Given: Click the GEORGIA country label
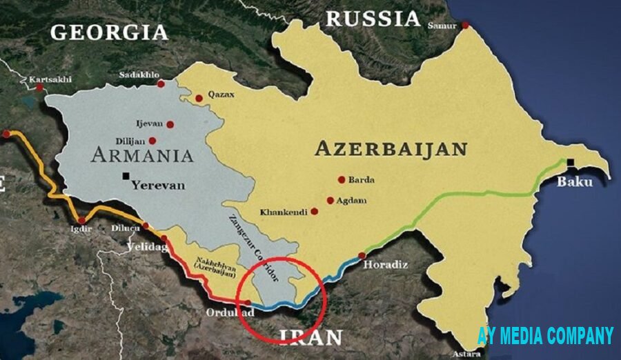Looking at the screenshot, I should click(x=109, y=32).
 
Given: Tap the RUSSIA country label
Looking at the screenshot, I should click(x=373, y=19).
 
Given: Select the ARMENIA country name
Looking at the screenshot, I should click(x=142, y=154).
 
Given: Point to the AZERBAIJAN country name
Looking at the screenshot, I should click(x=391, y=148).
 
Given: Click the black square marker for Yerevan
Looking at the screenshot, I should click(x=126, y=176).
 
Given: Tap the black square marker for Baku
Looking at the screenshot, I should click(x=571, y=163).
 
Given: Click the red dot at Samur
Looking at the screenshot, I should click(x=466, y=25).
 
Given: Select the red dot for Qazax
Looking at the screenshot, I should click(x=199, y=99).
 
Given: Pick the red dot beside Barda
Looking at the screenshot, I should click(x=341, y=179).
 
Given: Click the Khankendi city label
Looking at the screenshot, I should click(x=283, y=212).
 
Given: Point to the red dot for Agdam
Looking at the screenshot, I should click(x=331, y=201).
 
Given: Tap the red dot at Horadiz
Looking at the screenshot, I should click(x=362, y=255).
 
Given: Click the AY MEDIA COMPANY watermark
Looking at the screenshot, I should click(x=545, y=336).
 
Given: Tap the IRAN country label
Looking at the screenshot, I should click(x=310, y=337).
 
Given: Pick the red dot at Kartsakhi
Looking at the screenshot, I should click(x=39, y=88).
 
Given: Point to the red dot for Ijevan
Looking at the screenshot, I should click(x=170, y=125).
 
